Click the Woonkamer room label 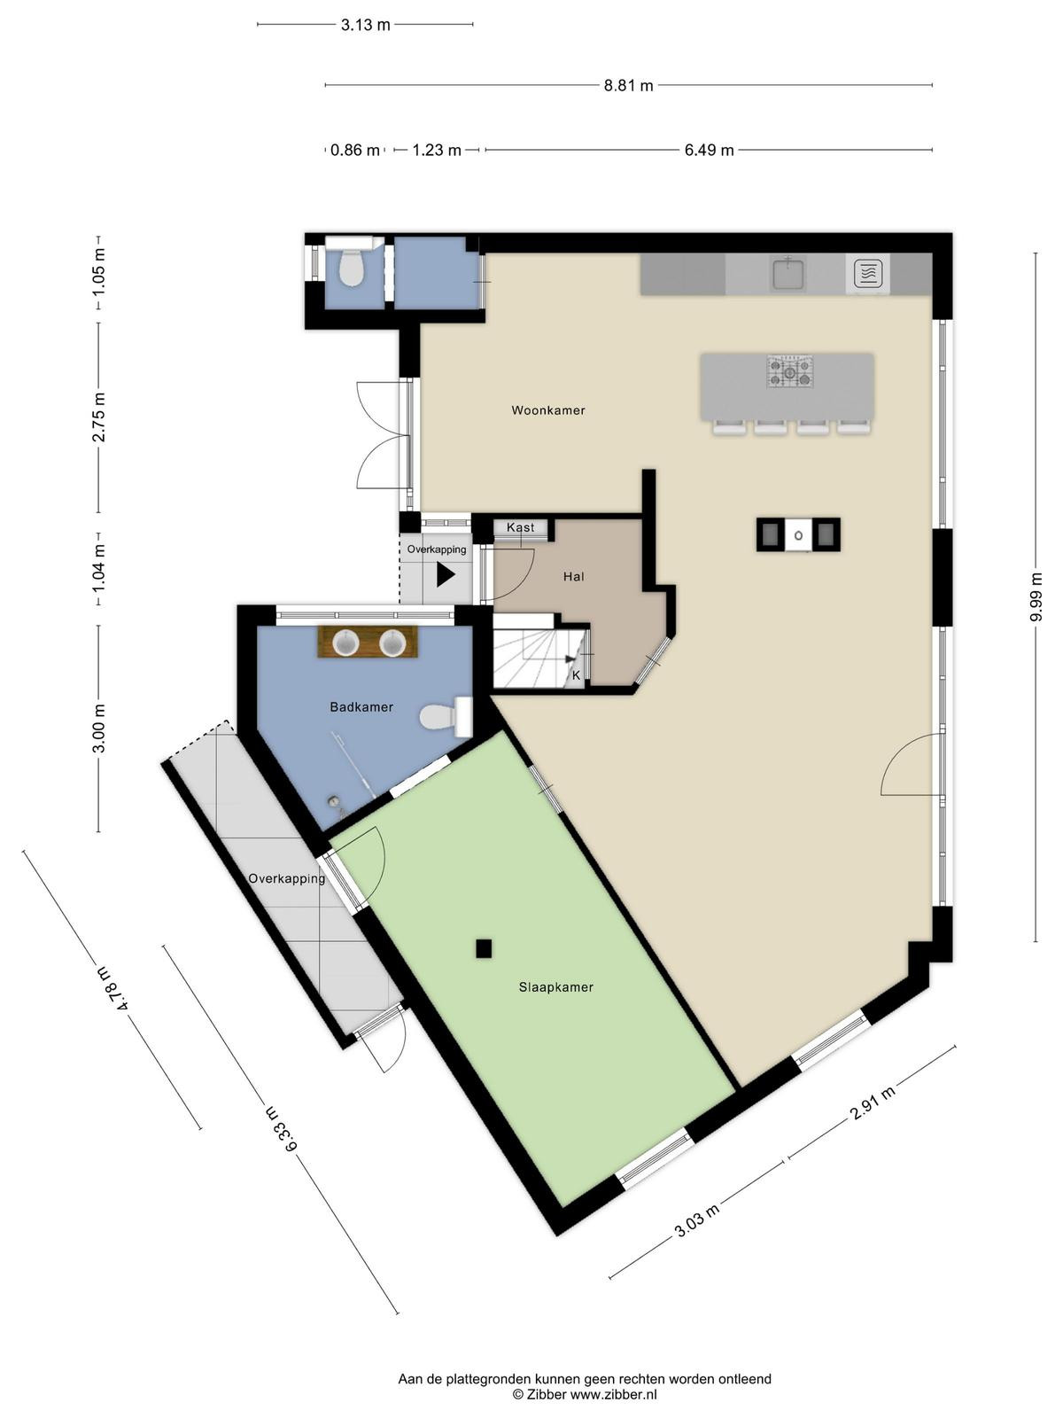(x=548, y=410)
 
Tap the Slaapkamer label (x=555, y=987)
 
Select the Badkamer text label (x=361, y=706)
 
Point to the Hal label (x=574, y=576)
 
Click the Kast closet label (x=520, y=527)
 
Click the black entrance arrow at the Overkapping (x=446, y=574)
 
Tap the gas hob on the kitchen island (x=790, y=371)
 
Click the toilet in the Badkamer (x=446, y=716)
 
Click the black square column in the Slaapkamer (x=484, y=949)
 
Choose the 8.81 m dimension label (x=628, y=85)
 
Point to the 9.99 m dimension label (x=1036, y=596)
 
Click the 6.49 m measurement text (x=709, y=150)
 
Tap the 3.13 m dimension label (x=365, y=25)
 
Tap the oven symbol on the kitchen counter (x=867, y=274)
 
